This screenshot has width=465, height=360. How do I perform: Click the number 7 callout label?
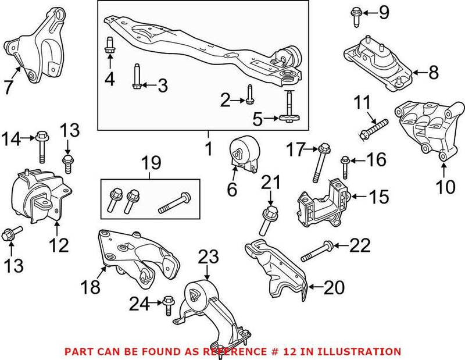coord(9,87)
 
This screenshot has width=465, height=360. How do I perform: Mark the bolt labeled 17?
coord(319,162)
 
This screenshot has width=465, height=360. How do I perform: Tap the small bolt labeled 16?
coord(344,166)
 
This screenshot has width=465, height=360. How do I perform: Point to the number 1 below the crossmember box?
coord(208,150)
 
